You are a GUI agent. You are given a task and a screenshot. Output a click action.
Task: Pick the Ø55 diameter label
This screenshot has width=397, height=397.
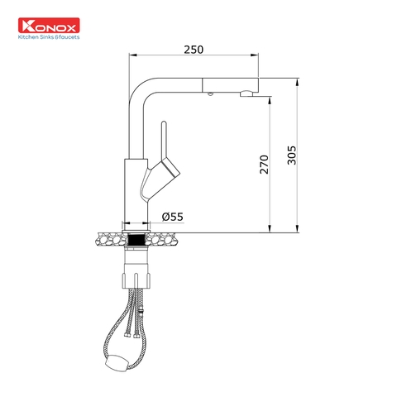[x=172, y=217]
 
